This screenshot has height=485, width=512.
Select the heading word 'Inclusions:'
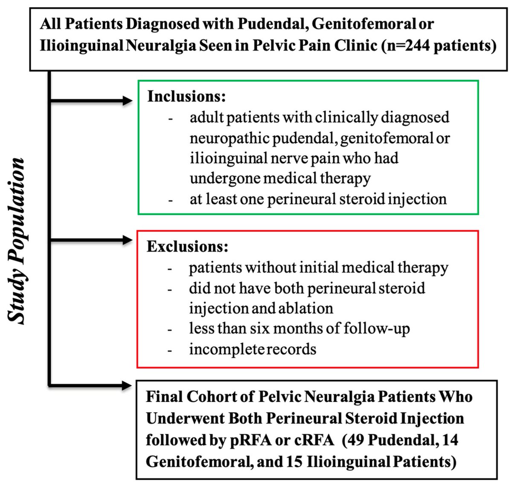186,97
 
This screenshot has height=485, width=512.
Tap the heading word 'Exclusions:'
187,247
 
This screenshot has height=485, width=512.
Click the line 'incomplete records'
253,349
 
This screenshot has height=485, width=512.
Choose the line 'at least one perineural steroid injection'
318,199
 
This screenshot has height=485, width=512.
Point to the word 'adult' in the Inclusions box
207,117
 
